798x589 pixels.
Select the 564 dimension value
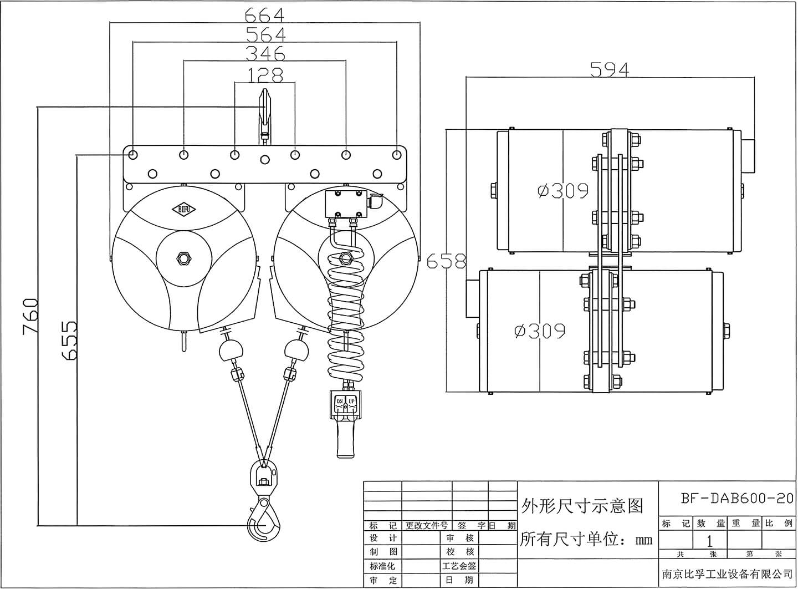(265, 34)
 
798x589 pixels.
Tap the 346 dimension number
(265, 54)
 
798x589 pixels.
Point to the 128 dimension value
(265, 75)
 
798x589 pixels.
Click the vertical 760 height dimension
(30, 316)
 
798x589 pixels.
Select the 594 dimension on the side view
(609, 70)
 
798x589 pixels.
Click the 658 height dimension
(447, 261)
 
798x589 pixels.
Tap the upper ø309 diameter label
(562, 191)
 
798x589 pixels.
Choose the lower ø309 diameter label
(540, 331)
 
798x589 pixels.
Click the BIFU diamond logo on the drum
(184, 209)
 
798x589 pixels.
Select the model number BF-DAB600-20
(736, 498)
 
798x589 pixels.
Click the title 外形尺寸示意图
(582, 505)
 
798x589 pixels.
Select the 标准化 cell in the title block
(383, 566)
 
